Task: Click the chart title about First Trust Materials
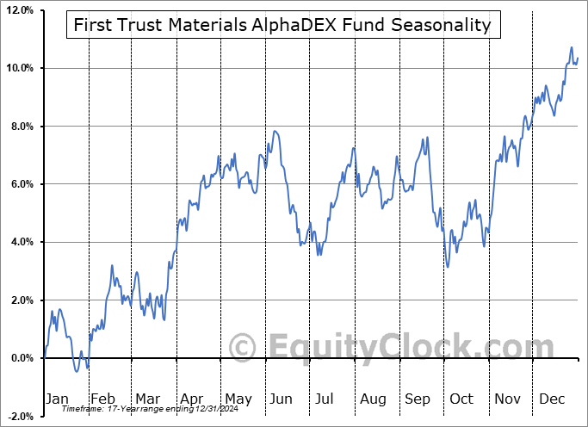282,24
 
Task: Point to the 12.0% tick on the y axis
19,10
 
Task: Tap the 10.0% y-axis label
19,68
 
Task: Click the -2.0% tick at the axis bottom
19,417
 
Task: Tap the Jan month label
56,399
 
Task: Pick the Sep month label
418,399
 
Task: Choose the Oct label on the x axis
462,399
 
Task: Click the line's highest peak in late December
571,47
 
